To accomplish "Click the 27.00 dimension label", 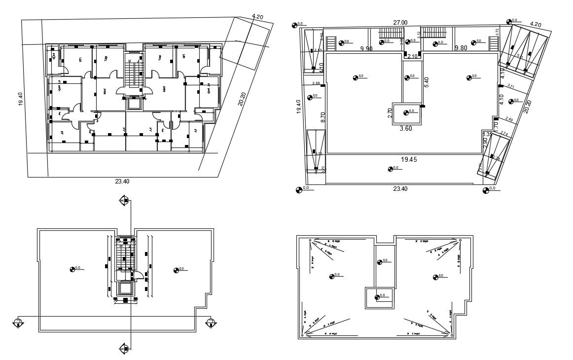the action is click(400, 22).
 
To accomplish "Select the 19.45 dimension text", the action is click(409, 159).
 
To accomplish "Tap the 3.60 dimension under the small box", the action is click(405, 128).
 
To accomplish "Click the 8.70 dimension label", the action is click(323, 117).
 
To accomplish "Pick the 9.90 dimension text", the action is click(366, 48).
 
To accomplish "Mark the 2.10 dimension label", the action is click(412, 57).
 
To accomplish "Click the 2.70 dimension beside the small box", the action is click(390, 113).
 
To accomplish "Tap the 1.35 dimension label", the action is click(488, 134).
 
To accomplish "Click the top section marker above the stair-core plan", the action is click(124, 200).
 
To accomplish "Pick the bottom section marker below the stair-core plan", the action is click(123, 350).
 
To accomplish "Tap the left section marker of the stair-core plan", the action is click(18, 323).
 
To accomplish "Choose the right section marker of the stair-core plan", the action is click(211, 323).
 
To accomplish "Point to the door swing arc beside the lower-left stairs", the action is click(140, 276).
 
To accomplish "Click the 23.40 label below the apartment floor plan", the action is click(122, 181).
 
